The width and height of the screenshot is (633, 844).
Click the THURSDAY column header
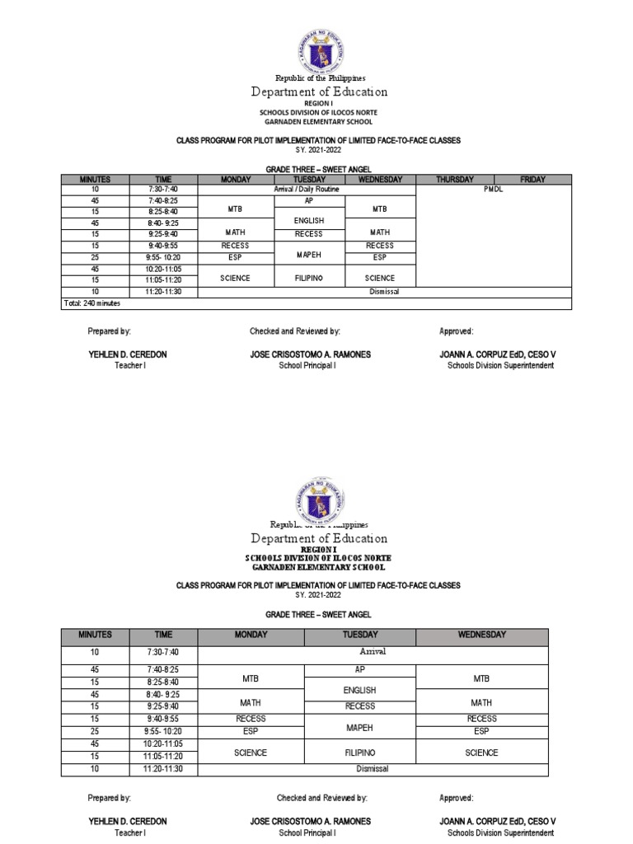point(454,179)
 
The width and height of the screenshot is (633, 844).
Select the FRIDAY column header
point(532,179)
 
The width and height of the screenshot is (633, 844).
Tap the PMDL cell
point(494,189)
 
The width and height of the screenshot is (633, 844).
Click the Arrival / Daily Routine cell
point(307,189)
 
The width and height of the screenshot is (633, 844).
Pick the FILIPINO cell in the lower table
point(360,753)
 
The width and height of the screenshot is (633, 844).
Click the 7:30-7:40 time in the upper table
point(162,189)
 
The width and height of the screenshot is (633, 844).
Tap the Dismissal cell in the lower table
point(373,768)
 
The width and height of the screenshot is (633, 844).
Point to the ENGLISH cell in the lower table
point(360,690)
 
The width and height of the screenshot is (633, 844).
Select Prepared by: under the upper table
point(110,331)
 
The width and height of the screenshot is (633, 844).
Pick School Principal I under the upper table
point(308,365)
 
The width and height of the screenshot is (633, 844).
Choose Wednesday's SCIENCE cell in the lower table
point(481,753)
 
